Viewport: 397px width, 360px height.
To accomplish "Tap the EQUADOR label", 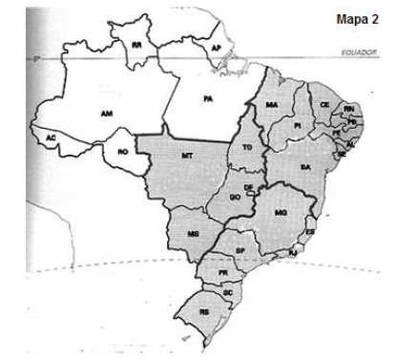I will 358,55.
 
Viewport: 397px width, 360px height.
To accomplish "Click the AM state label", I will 107,113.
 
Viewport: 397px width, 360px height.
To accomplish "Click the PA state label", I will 207,97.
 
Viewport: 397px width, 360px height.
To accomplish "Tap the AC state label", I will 50,138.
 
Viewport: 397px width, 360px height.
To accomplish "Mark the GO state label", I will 235,197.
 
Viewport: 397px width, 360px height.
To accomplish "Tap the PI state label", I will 297,125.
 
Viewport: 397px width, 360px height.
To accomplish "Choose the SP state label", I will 240,250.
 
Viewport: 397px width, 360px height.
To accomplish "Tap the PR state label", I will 221,271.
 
